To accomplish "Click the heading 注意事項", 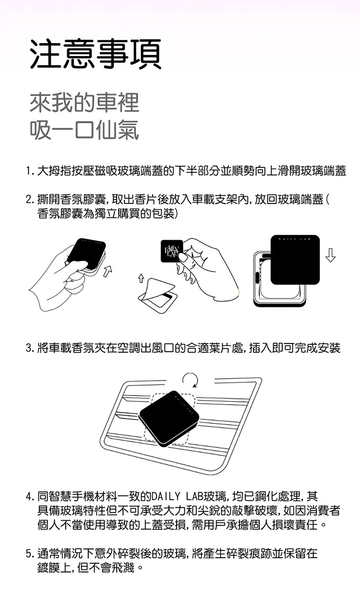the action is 96,54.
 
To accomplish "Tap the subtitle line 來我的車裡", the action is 84,103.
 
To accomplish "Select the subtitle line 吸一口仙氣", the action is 84,130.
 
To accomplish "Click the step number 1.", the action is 29,171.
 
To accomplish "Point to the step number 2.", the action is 29,200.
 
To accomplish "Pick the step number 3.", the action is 29,348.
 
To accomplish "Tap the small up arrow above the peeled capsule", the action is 141,278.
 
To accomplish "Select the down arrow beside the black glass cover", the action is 330,255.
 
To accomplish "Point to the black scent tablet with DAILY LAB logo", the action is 172,251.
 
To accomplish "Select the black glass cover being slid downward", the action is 295,260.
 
